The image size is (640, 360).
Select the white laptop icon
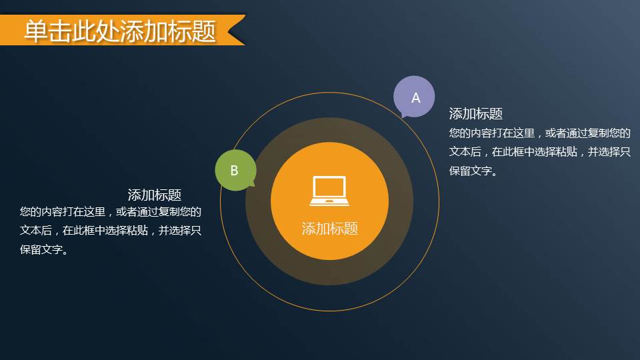tap(329, 191)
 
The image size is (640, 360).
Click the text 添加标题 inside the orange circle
tap(329, 229)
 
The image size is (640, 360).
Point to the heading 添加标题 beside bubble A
tap(475, 114)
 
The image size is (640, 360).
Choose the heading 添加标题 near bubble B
tap(154, 195)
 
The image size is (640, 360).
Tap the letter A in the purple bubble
tap(415, 98)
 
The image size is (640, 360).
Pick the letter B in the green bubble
tap(234, 171)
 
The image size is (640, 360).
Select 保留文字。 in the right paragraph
tap(473, 171)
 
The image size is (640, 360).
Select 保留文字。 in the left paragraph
tap(45, 251)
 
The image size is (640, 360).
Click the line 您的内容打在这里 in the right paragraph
tap(492, 133)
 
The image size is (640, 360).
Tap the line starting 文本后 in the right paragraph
tap(539, 152)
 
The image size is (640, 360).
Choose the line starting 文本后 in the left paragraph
tap(110, 231)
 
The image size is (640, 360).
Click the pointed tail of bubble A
tap(403, 117)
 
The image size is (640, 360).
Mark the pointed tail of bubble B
tap(252, 185)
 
